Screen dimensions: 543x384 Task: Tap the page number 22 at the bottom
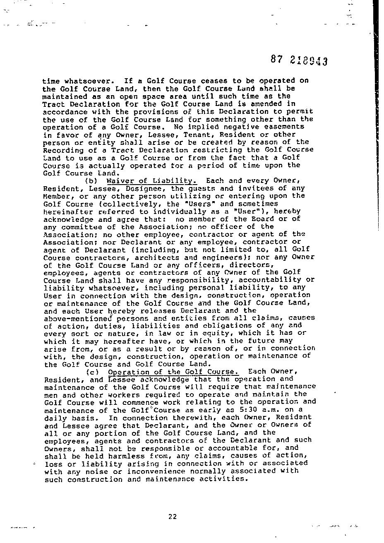point(173,516)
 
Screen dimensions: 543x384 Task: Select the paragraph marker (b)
point(91,181)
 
